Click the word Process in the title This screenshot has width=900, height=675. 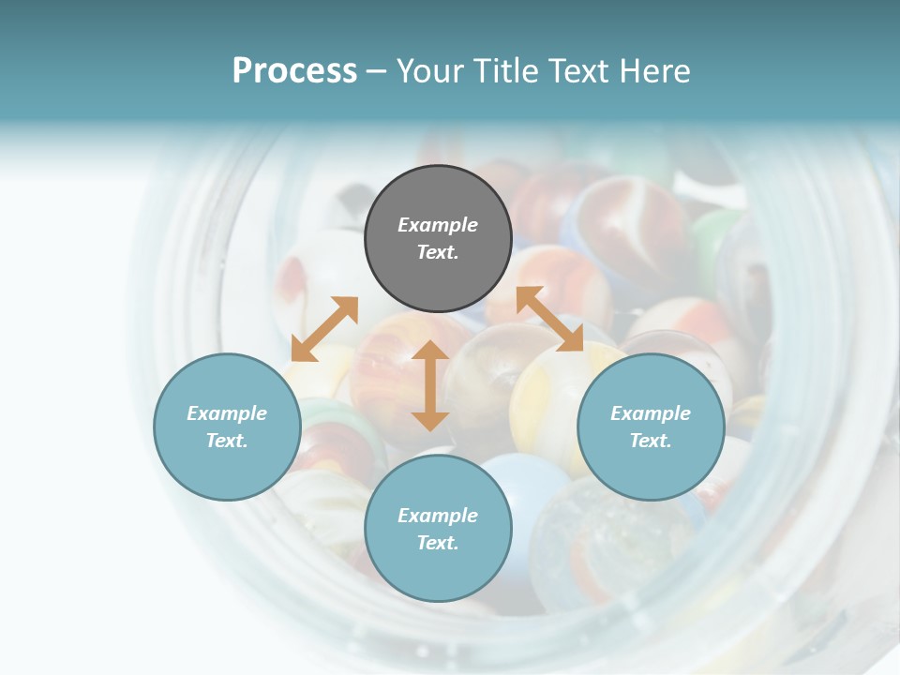(294, 70)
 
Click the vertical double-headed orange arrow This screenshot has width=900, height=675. (429, 385)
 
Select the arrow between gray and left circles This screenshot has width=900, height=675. (324, 329)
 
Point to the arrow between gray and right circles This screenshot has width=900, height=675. (549, 320)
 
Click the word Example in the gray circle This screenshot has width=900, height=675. (438, 225)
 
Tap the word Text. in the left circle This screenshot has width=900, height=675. (227, 441)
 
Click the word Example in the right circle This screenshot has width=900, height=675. (650, 413)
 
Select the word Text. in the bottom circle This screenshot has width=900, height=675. (438, 543)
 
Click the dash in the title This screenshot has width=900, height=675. (376, 70)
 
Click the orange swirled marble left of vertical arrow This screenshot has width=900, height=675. (389, 375)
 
